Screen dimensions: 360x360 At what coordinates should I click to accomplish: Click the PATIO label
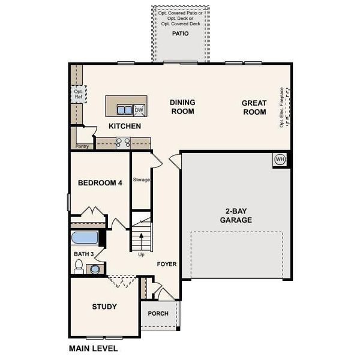tap(180, 34)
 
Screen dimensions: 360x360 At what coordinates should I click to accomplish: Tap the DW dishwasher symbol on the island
tap(139, 110)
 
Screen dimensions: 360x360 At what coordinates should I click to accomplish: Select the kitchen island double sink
tap(125, 110)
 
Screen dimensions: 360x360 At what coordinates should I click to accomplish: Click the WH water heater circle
tap(280, 159)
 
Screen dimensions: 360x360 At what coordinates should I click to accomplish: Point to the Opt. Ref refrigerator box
tap(78, 94)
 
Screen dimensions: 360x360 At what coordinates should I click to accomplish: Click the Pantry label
tap(82, 146)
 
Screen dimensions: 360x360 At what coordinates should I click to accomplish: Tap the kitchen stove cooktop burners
tap(123, 142)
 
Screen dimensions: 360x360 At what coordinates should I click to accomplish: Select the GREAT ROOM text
tap(254, 107)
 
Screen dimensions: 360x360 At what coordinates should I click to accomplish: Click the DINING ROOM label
tap(182, 107)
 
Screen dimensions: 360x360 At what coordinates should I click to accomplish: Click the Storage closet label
tap(142, 179)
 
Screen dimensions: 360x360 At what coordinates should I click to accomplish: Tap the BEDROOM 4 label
tap(100, 183)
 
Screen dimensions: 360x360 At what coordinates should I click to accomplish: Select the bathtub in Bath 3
tap(85, 238)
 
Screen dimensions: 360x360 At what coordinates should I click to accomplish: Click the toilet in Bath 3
tap(79, 268)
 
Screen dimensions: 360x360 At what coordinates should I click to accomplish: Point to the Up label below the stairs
tap(142, 254)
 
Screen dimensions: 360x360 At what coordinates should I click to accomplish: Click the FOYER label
tap(167, 264)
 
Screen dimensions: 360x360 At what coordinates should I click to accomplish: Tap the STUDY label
tap(104, 307)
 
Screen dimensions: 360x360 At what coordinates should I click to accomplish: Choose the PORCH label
tap(158, 314)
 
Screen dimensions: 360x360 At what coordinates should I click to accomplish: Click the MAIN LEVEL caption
tap(94, 348)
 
